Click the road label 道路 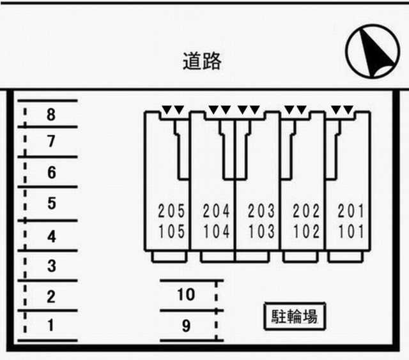(x=202, y=61)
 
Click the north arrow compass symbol (x=373, y=51)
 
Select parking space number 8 (x=51, y=114)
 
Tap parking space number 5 (x=52, y=203)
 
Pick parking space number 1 (x=51, y=326)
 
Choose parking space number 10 (x=186, y=295)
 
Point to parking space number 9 (x=186, y=326)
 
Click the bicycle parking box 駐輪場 (x=295, y=316)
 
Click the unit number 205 (x=171, y=211)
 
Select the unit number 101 (x=351, y=231)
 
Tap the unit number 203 (x=261, y=211)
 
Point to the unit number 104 (x=216, y=231)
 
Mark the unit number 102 (x=306, y=231)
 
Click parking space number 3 (x=52, y=266)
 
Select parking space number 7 (x=51, y=141)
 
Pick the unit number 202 (x=306, y=211)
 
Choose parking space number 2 (x=51, y=296)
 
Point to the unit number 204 (x=216, y=211)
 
